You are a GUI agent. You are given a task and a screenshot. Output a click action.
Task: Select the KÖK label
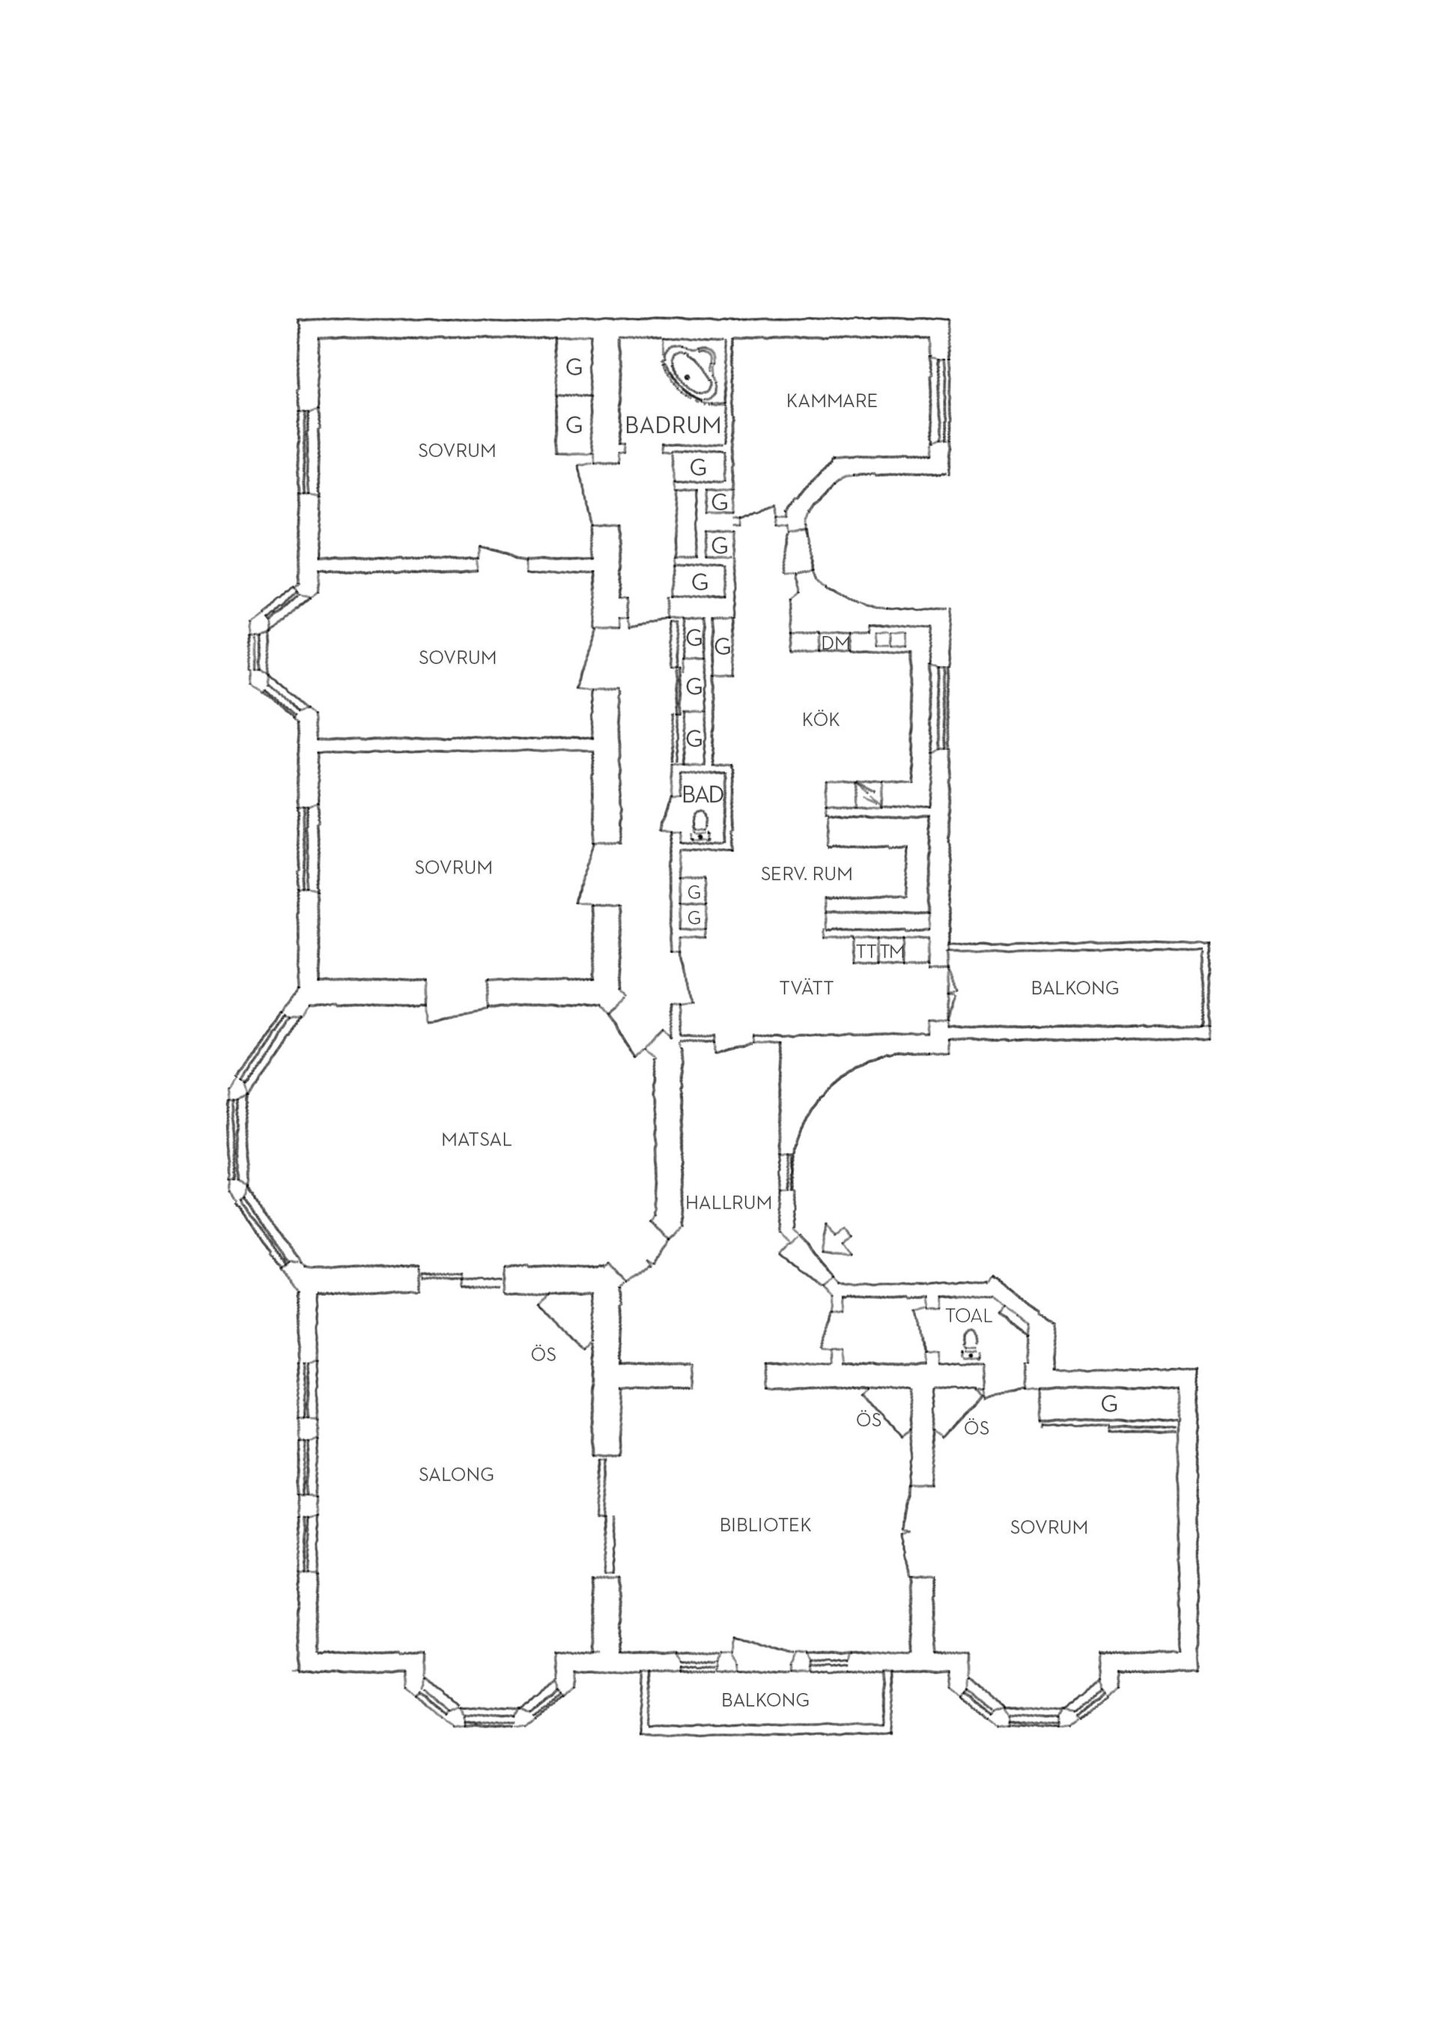tap(821, 718)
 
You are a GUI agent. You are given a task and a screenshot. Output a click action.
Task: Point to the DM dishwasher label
tap(835, 642)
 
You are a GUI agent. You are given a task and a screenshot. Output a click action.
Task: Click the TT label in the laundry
tap(866, 951)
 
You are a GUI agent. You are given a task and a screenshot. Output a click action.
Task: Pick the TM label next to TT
tap(893, 951)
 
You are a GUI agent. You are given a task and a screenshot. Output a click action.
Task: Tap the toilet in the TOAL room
tap(971, 1344)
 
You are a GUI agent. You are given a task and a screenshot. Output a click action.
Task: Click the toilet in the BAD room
tap(700, 825)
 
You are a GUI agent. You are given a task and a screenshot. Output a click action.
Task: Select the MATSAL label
tap(476, 1140)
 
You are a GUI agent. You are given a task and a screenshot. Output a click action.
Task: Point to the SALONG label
tap(456, 1474)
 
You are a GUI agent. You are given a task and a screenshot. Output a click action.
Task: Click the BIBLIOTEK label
tap(765, 1525)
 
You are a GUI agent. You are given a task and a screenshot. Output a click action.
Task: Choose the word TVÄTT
tap(807, 987)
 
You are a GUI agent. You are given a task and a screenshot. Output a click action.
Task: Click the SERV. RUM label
tap(807, 874)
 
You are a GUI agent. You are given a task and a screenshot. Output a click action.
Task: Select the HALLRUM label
tap(729, 1203)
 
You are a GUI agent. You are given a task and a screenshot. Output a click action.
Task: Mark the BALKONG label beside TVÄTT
tap(1075, 987)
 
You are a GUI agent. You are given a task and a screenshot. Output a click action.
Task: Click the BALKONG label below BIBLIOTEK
tap(765, 1700)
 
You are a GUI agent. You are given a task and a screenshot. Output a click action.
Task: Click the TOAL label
tap(968, 1316)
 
